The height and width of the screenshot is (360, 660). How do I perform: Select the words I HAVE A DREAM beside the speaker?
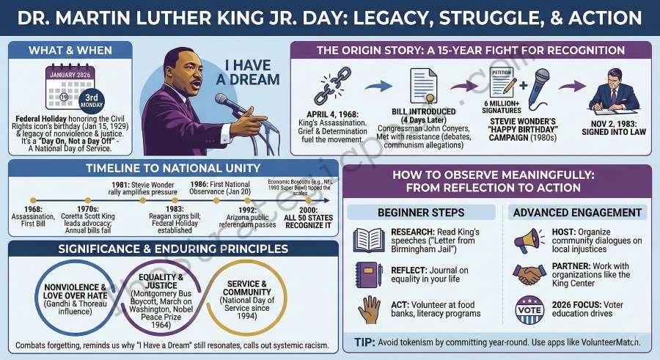click(252, 71)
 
